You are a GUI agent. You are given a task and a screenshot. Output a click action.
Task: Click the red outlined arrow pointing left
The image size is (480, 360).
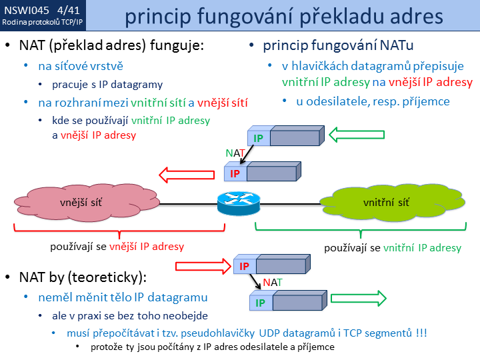click(179, 175)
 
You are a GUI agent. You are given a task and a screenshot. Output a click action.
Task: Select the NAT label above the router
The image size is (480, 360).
click(235, 153)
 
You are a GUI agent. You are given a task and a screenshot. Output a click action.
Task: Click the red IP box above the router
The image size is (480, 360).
click(235, 173)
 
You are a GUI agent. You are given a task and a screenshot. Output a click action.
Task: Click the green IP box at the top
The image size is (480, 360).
click(259, 138)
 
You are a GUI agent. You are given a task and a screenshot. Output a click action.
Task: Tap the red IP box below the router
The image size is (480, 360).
click(245, 267)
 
